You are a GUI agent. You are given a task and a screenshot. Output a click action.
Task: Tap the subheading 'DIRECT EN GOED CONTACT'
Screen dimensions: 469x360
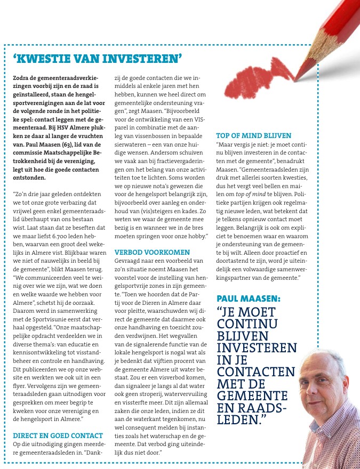54,435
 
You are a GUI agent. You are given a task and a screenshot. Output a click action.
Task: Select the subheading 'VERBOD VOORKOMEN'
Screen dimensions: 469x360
152,252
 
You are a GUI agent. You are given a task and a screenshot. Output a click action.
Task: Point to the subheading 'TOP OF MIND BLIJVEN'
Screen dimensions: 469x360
253,136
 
